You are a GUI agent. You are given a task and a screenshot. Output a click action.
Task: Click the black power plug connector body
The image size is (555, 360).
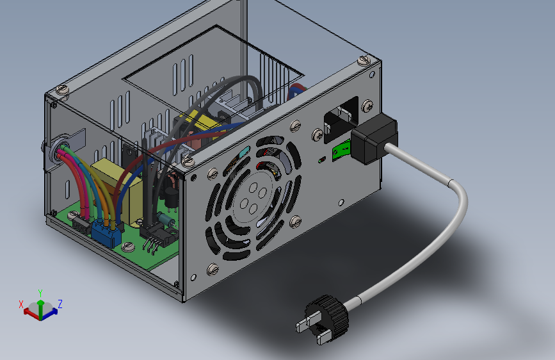coord(374,138)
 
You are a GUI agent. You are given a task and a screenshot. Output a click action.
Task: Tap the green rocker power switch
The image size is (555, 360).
coord(341,151)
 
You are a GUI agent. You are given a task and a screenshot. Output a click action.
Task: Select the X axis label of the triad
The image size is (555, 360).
coord(21,304)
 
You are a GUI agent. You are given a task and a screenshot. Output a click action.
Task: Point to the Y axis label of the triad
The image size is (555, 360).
coord(40,293)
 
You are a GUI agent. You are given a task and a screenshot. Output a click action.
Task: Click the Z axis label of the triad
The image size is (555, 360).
coord(60,304)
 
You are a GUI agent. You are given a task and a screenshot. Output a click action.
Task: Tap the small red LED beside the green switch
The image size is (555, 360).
coord(321,160)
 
